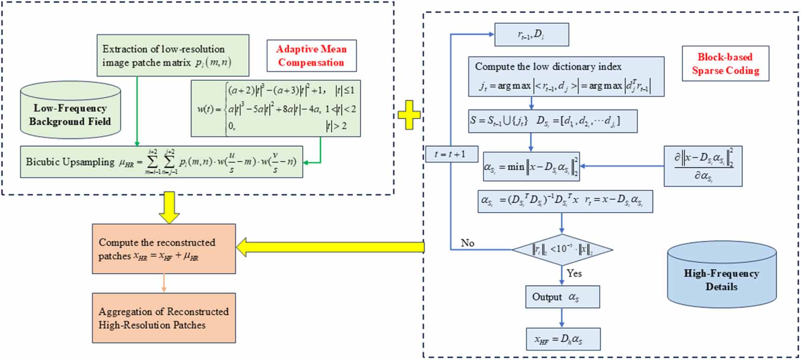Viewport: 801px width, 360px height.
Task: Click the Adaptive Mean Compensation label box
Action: (x=311, y=56)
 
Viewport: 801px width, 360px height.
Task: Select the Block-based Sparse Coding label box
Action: (x=725, y=64)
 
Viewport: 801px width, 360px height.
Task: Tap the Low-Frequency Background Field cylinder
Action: (x=70, y=111)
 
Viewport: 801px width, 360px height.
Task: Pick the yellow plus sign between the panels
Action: (x=409, y=114)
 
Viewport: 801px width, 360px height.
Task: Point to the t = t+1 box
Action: (x=451, y=154)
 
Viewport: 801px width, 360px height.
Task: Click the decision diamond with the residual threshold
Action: (x=562, y=249)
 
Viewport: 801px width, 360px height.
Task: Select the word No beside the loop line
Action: (x=467, y=243)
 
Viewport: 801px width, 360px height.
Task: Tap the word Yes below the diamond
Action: (x=574, y=273)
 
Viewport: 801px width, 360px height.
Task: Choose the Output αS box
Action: (x=562, y=297)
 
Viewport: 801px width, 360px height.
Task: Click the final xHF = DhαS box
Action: (x=563, y=339)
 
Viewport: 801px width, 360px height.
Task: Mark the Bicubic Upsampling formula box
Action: (x=161, y=162)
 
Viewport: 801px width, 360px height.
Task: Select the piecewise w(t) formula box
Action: (x=276, y=109)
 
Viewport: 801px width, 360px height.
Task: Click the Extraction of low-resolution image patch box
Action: (x=172, y=55)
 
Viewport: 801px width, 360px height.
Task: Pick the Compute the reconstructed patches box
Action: (x=164, y=249)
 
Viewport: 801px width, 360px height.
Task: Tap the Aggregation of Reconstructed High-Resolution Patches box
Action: (x=164, y=318)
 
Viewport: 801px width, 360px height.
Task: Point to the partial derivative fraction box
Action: (x=703, y=166)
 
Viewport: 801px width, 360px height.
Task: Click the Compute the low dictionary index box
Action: (x=566, y=77)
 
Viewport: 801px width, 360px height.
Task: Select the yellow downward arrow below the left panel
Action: (x=169, y=208)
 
